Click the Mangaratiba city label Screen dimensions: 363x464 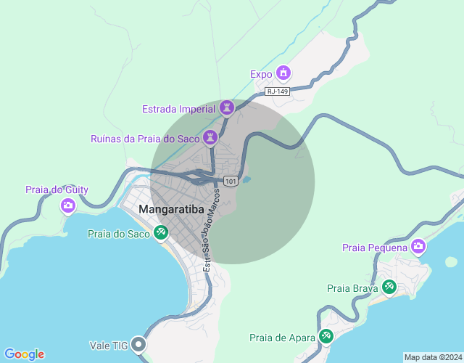[171, 211]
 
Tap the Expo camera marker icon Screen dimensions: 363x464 [283, 73]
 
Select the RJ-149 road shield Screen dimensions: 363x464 [278, 91]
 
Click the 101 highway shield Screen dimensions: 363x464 [231, 181]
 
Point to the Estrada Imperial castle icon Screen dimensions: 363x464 [227, 108]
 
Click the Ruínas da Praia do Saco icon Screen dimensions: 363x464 [210, 137]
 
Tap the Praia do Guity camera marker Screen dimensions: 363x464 [67, 205]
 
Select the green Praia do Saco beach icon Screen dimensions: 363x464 [161, 233]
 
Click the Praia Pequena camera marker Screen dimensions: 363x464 [418, 248]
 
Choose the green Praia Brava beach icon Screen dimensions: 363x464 [389, 287]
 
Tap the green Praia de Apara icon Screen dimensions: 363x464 [326, 336]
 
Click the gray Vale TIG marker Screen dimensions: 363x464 [139, 345]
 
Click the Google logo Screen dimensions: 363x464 [23, 354]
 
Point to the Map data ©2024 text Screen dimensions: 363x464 [432, 357]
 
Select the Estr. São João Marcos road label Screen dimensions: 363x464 [211, 229]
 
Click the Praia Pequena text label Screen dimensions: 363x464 [375, 248]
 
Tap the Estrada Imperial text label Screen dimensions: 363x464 [178, 109]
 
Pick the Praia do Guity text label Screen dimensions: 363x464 [57, 190]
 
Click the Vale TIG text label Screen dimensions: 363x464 [109, 346]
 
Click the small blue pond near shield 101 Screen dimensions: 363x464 [246, 179]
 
